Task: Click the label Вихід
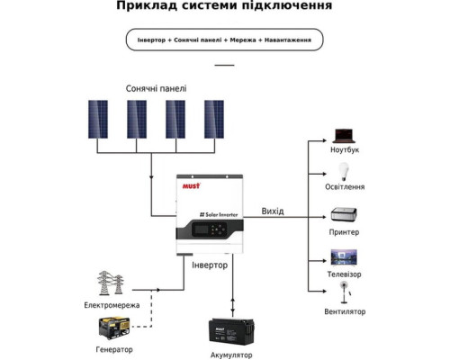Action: tap(273, 211)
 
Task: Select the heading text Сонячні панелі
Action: tap(158, 88)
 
